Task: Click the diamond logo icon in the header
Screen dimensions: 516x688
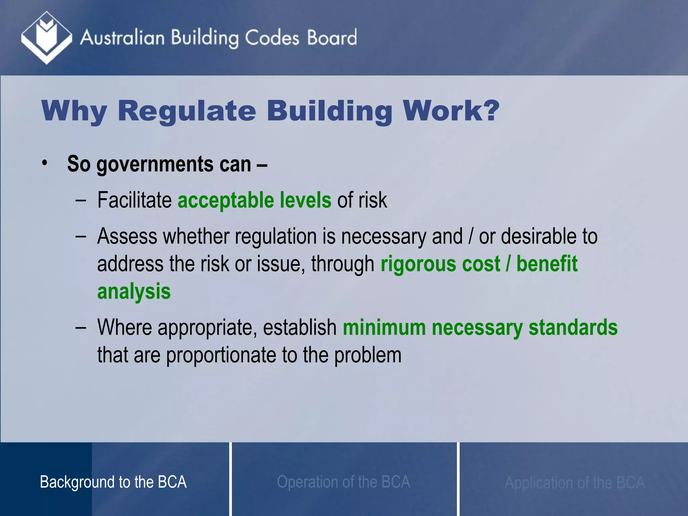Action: coord(46,37)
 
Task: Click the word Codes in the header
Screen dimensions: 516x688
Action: coord(271,37)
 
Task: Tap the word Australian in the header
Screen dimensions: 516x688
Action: coord(122,37)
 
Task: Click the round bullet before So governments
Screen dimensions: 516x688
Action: coord(44,164)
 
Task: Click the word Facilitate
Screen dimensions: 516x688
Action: coord(134,200)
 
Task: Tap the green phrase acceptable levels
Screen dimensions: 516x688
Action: coord(254,200)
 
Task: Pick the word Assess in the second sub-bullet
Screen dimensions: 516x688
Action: coord(127,236)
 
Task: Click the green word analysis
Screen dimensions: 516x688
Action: coord(134,292)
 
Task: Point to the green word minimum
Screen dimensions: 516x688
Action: coord(384,328)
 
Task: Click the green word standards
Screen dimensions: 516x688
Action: coord(573,328)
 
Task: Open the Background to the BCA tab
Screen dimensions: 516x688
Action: coord(113,482)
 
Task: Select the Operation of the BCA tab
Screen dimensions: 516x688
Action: coord(343,482)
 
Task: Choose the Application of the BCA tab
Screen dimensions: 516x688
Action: coord(574,483)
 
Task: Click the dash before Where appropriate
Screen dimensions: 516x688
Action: coord(81,328)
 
